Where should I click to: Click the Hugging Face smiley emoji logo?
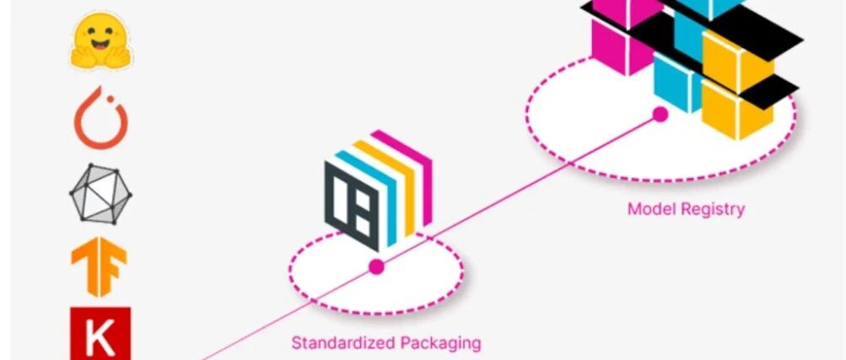coord(100,41)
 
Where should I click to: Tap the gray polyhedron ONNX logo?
coord(100,193)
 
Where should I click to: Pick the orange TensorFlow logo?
coord(100,266)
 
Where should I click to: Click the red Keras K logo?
coord(100,333)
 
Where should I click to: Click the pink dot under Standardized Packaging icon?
coord(376,266)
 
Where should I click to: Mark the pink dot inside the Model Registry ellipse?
coord(660,115)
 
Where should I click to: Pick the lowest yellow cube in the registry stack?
coord(737,113)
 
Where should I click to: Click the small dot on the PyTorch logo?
coord(110,99)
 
